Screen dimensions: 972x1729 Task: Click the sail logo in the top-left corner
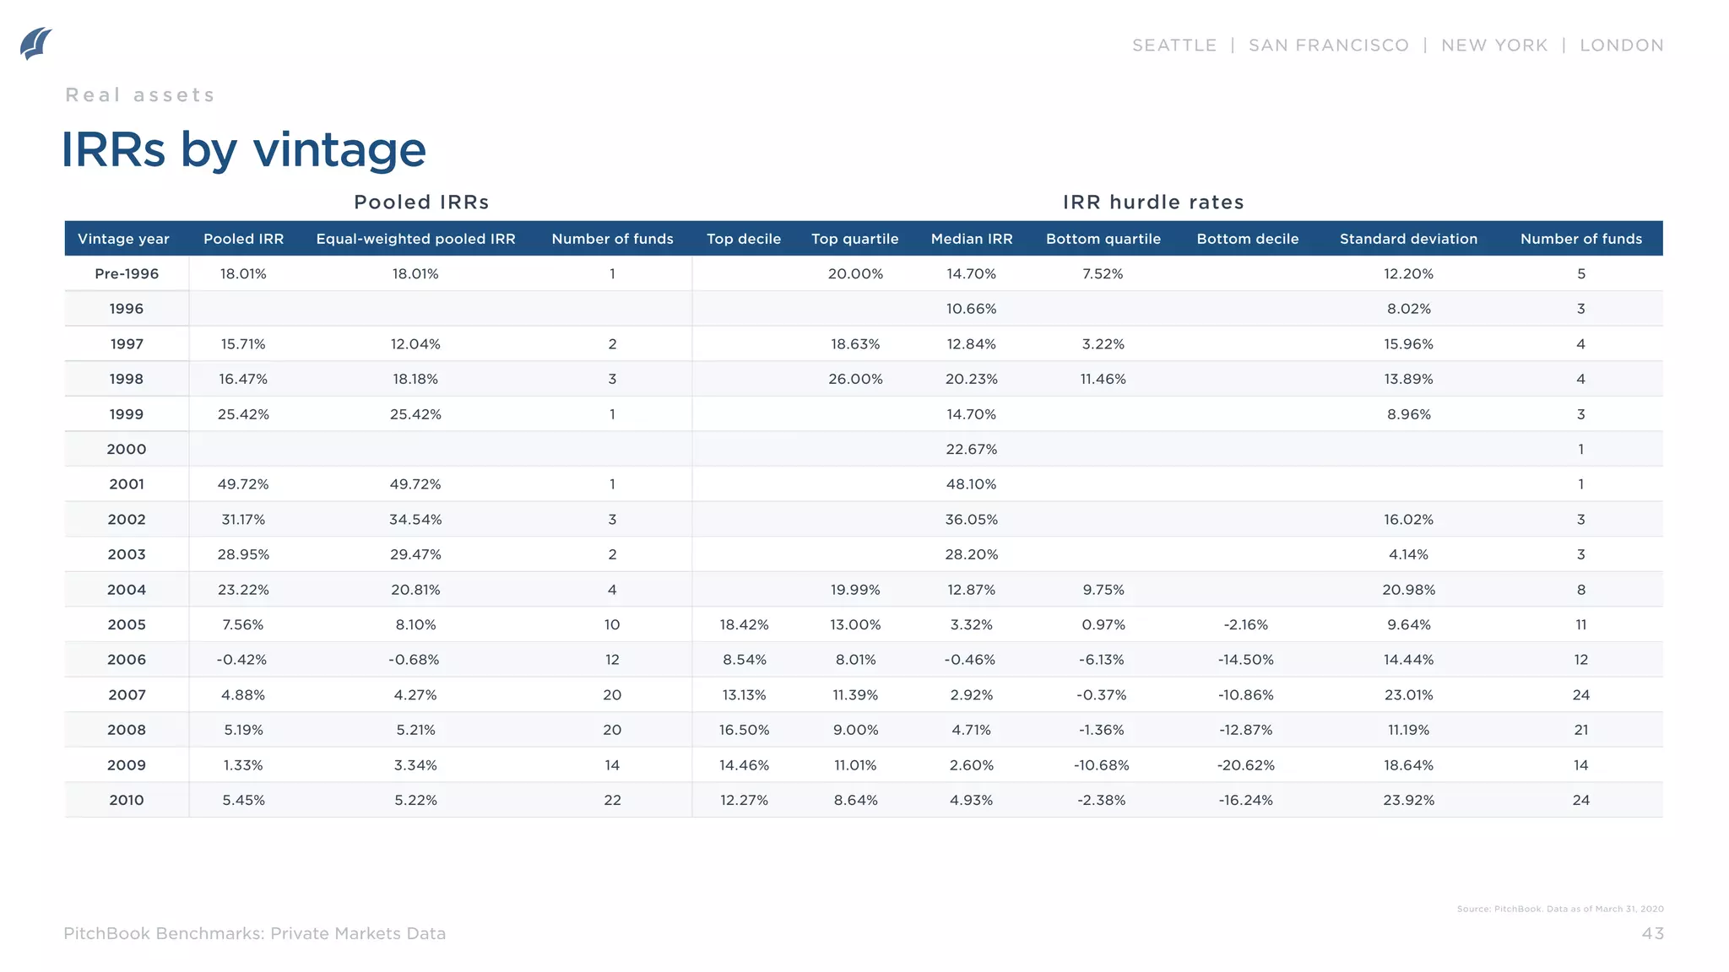[35, 44]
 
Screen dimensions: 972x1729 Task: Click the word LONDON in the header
[1621, 46]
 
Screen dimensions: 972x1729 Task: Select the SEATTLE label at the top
[1173, 46]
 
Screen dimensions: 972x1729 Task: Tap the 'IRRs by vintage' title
[243, 150]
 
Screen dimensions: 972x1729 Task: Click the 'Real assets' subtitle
[140, 95]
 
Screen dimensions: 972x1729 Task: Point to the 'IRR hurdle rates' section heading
[1152, 202]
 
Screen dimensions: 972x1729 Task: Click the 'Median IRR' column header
[971, 239]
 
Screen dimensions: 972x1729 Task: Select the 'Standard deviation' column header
[1408, 239]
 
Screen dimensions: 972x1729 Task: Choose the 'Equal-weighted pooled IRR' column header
[415, 239]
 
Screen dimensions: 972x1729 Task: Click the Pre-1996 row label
[127, 274]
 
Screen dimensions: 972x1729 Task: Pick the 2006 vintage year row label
[127, 660]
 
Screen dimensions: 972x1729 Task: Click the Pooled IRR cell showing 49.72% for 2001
[243, 484]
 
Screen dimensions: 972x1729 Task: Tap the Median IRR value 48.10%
[971, 484]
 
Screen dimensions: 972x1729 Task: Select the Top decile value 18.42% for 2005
[744, 625]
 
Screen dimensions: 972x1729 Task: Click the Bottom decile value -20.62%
[1245, 765]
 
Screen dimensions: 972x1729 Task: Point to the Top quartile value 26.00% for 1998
[855, 380]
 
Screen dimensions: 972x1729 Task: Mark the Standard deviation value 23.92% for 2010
[1408, 801]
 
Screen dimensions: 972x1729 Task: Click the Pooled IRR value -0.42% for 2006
[241, 660]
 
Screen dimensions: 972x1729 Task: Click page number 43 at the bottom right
[1652, 933]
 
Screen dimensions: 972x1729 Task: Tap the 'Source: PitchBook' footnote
[1559, 909]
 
